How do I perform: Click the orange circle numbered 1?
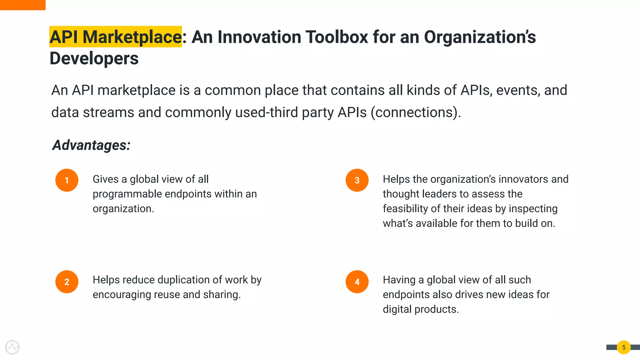tap(67, 180)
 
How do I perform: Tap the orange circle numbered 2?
tap(67, 282)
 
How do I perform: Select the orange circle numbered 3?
tap(357, 180)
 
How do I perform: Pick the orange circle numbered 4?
tap(357, 282)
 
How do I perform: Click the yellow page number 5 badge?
tap(624, 347)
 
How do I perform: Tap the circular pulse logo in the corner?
tap(12, 347)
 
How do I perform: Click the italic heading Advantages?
tap(91, 145)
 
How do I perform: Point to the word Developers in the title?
tap(94, 58)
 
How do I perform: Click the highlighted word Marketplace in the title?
tap(132, 37)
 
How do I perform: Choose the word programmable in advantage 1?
tap(127, 194)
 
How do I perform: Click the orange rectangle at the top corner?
tap(22, 5)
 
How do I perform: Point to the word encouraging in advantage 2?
tap(121, 295)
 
